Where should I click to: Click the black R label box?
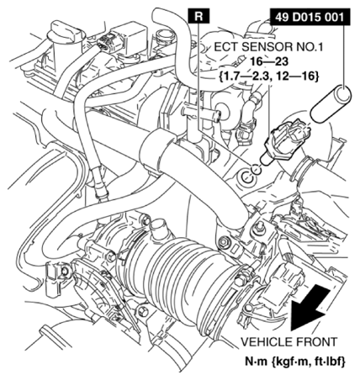199,16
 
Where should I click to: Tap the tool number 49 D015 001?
310,18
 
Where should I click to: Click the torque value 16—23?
269,62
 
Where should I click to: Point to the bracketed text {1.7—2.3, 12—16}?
268,76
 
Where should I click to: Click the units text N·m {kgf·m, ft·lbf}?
295,362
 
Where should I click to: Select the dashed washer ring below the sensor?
257,169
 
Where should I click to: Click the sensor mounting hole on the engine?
246,177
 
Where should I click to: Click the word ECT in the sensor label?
226,47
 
